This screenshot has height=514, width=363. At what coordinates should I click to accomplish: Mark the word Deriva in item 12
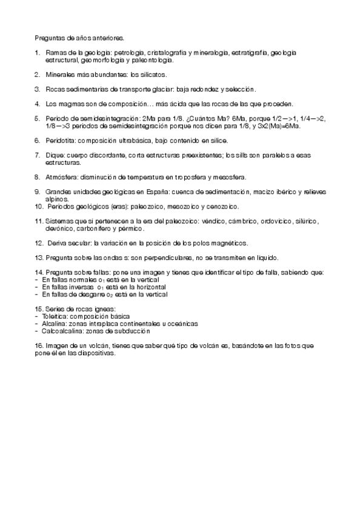tap(56, 243)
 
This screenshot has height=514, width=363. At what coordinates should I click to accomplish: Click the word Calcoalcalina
tap(60, 331)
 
